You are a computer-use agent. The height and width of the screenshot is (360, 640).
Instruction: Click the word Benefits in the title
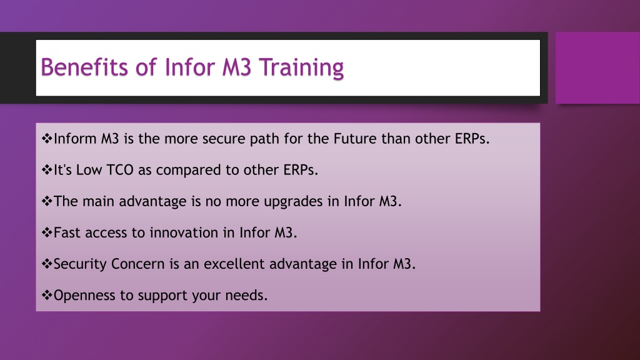pyautogui.click(x=84, y=67)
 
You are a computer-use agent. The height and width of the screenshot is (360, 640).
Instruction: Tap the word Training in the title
pyautogui.click(x=302, y=67)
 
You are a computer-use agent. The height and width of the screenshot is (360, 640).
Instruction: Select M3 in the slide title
pyautogui.click(x=237, y=67)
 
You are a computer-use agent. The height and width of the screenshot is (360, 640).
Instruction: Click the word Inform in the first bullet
pyautogui.click(x=75, y=139)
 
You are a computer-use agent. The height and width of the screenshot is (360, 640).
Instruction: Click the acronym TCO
pyautogui.click(x=119, y=170)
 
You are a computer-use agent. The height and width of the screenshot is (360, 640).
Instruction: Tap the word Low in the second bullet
pyautogui.click(x=89, y=170)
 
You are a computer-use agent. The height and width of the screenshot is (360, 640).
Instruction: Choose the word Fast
pyautogui.click(x=67, y=232)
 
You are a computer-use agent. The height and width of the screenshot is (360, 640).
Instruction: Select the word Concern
pyautogui.click(x=138, y=264)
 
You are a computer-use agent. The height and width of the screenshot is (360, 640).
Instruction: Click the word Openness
pyautogui.click(x=84, y=296)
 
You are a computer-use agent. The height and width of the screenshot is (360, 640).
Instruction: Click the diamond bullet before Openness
pyautogui.click(x=47, y=295)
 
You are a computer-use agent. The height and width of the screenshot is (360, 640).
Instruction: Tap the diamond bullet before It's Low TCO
pyautogui.click(x=47, y=170)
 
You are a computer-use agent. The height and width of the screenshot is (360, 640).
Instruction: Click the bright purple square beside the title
pyautogui.click(x=598, y=67)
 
